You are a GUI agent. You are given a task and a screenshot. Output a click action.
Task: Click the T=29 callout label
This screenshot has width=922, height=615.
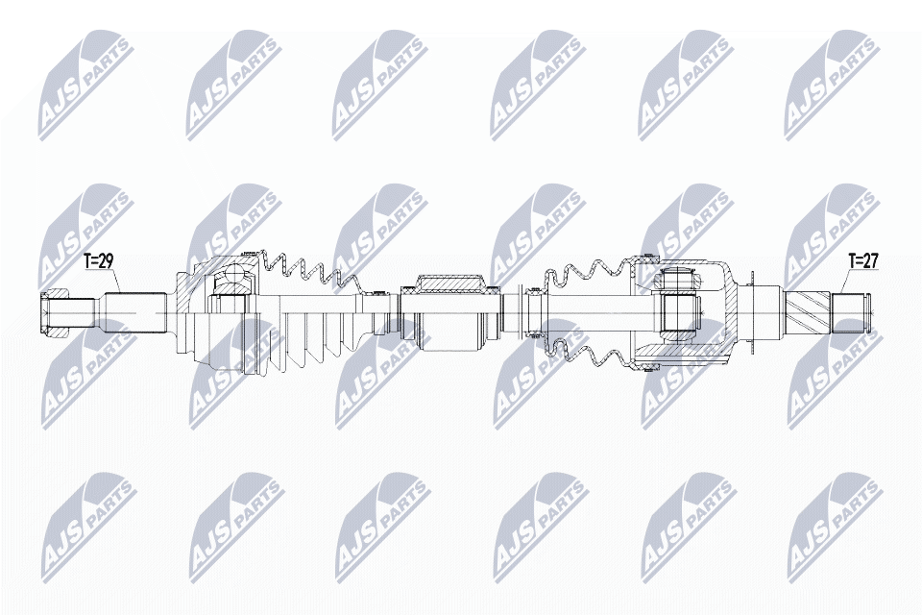[x=98, y=262]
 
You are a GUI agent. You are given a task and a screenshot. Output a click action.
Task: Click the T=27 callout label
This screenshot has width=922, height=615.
[x=863, y=261]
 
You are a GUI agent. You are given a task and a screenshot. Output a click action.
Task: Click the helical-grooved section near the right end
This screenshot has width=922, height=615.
[x=808, y=312]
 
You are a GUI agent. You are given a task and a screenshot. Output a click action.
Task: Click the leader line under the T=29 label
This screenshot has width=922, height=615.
[x=117, y=282]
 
